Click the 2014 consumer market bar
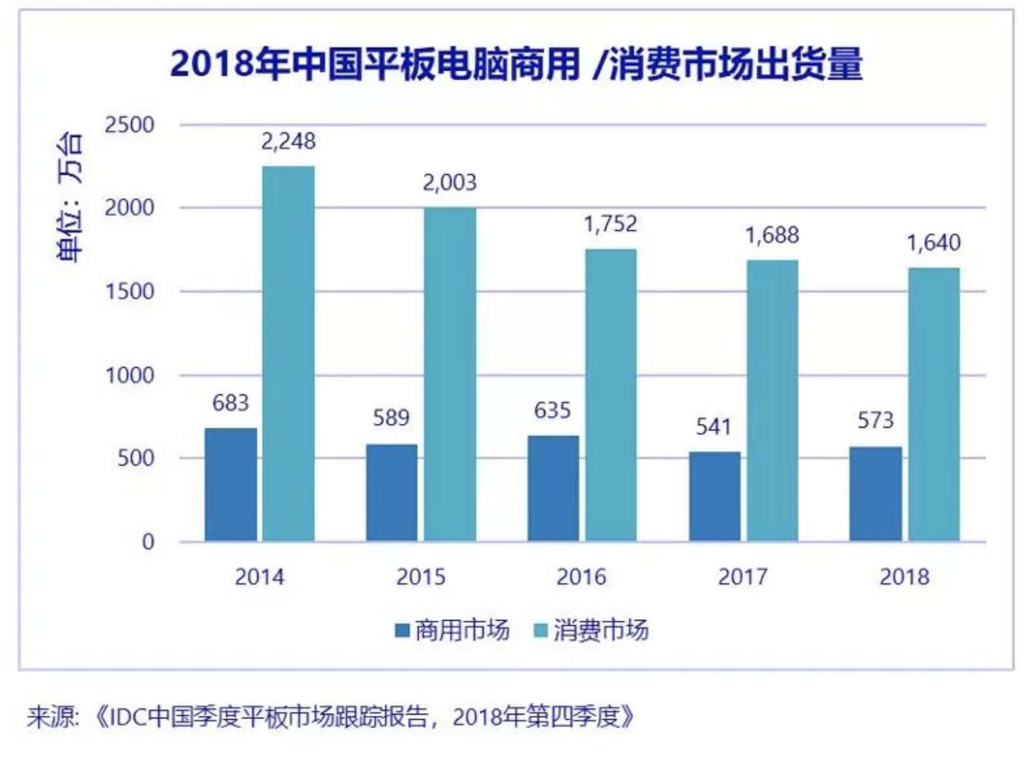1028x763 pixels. pos(288,353)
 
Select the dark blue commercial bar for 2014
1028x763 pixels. pos(231,484)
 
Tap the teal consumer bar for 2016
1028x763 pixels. pos(610,395)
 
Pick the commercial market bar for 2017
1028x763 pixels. pos(715,497)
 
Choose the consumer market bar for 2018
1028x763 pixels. pos(934,404)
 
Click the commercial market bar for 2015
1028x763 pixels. pos(391,493)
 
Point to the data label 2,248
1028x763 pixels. pos(288,142)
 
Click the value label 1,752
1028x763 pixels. pos(610,224)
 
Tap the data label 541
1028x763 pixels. pos(714,427)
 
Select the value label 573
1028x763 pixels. pos(875,420)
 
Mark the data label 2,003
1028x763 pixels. pos(450,182)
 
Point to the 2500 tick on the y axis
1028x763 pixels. pos(129,125)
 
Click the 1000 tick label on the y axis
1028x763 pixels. pos(129,375)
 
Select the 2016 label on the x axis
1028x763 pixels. pos(581,577)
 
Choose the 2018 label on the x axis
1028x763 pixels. pos(904,577)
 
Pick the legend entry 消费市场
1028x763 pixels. pos(592,630)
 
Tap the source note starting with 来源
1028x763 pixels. pos(330,716)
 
